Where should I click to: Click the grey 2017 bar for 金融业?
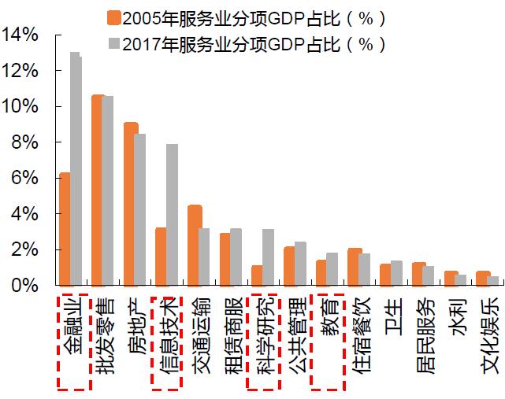76,169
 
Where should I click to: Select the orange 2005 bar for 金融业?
65,229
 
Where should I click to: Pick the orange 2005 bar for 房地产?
131,204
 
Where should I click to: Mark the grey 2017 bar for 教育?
332,269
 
